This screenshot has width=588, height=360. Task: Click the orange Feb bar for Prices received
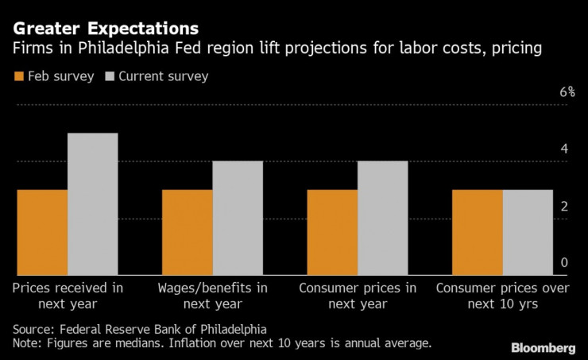tap(41, 232)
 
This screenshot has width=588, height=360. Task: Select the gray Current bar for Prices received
tap(92, 204)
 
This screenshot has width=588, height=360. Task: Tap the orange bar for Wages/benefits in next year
tap(187, 232)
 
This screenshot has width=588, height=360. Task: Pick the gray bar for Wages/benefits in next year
tap(238, 218)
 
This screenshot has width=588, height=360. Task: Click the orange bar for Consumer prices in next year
tap(331, 232)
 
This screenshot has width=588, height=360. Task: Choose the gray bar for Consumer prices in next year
tap(382, 218)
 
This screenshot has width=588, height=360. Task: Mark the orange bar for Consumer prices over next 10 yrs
tap(477, 232)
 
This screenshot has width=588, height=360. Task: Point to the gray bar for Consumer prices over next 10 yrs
tap(528, 232)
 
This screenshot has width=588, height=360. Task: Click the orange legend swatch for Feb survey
tap(19, 77)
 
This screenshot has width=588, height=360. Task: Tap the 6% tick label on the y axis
tap(567, 92)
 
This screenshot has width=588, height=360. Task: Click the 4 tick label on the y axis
tap(564, 149)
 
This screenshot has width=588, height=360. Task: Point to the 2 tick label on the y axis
tap(564, 207)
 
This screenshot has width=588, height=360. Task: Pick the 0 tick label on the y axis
tap(564, 263)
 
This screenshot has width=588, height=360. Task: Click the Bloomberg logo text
tap(543, 347)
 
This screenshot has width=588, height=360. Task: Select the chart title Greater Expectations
tap(105, 29)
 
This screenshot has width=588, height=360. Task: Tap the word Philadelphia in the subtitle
tap(122, 49)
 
